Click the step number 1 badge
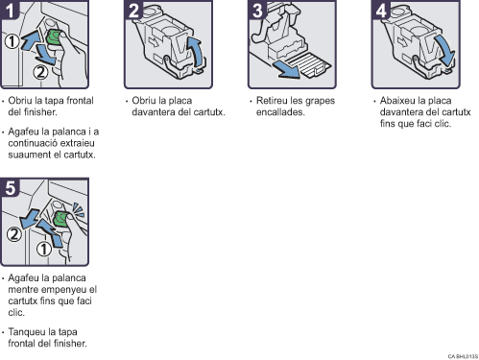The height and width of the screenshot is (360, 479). coord(9,10)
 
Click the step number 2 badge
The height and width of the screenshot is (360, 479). coord(133,10)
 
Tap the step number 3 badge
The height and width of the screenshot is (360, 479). coord(257,10)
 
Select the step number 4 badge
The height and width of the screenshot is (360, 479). coord(381,10)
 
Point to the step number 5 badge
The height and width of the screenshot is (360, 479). coord(10,187)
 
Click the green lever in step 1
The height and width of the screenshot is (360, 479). coord(54,36)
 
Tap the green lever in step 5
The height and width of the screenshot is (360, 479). coord(60,219)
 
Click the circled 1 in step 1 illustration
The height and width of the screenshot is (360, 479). coord(12,41)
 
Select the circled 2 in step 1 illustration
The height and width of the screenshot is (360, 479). coord(40,72)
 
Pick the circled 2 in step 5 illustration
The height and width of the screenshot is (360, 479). coord(14,234)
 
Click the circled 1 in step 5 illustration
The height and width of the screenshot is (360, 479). coord(44,249)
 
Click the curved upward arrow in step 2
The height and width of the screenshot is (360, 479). coord(196,51)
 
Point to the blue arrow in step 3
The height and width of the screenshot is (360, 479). coord(286,69)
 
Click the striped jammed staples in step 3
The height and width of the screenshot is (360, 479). coord(310,65)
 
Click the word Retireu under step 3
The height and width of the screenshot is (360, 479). coord(272,101)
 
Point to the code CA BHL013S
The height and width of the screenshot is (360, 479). coord(463,356)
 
